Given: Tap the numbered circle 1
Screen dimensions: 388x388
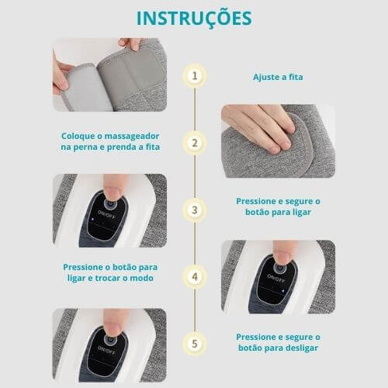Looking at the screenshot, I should pos(194,76).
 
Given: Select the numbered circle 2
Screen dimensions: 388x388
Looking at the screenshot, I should pos(194,143).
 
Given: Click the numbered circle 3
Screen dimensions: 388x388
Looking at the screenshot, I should pos(194,209).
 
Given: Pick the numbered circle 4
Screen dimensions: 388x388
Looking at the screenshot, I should pos(194,275).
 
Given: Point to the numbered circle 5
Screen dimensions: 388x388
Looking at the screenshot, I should pos(194,342).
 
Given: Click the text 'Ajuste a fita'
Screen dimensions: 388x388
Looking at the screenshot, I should pos(278,78).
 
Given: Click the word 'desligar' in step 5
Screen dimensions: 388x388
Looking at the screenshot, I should pos(299,348).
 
